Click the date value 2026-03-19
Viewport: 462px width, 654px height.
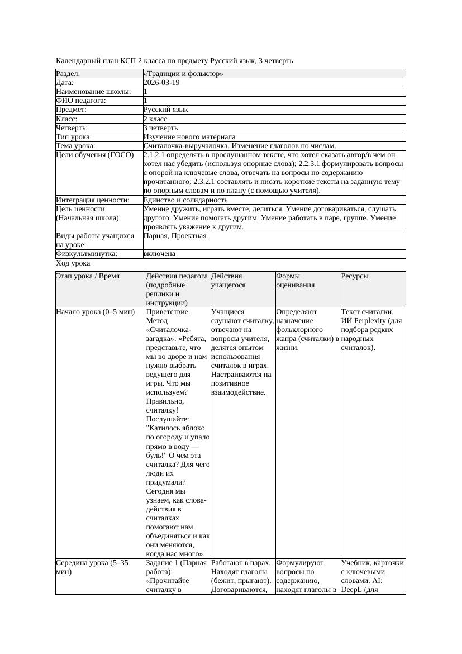(161, 83)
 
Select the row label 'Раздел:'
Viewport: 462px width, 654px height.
(68, 74)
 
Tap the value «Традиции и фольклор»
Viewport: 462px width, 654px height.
(183, 74)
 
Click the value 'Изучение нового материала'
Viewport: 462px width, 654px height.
(189, 137)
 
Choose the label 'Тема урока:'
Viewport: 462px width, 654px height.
(76, 146)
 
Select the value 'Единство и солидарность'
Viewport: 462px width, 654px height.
(185, 200)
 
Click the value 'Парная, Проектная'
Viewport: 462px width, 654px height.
(175, 236)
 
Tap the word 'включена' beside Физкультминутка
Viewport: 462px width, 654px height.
(159, 254)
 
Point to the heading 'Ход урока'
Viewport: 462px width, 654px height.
(73, 263)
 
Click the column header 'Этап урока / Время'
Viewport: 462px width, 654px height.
(88, 276)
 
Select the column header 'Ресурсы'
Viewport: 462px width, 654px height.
(355, 276)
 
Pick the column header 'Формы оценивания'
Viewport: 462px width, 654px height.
(295, 280)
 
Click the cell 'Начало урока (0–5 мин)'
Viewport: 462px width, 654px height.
(95, 312)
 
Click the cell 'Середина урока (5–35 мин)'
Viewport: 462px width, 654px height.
(92, 567)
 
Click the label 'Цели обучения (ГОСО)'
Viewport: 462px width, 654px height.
(95, 155)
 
